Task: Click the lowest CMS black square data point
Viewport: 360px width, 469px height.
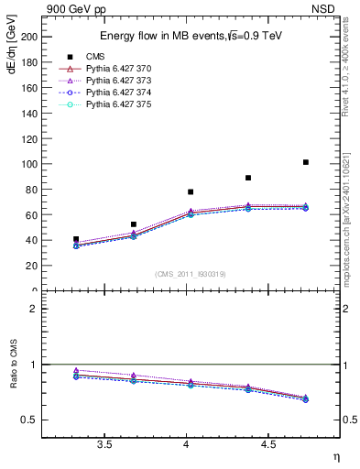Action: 76,239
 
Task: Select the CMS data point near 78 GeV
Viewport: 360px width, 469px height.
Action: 191,192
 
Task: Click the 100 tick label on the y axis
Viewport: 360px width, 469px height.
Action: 29,164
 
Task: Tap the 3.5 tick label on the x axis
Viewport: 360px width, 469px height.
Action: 104,444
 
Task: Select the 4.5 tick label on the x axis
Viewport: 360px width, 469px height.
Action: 268,444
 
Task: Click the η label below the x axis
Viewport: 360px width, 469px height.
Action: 335,457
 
